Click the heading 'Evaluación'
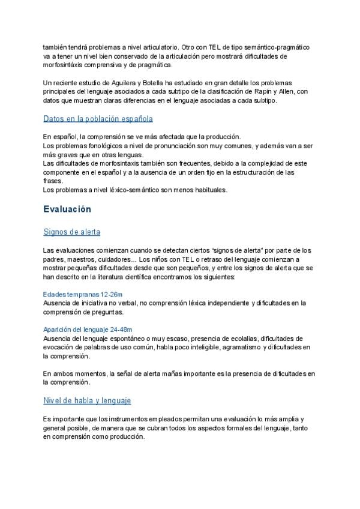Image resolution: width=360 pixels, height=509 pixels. (x=67, y=209)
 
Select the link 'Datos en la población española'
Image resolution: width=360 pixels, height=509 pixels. (x=98, y=119)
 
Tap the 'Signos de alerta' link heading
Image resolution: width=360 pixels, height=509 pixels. (x=71, y=232)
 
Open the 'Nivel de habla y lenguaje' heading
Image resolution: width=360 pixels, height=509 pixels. (x=87, y=400)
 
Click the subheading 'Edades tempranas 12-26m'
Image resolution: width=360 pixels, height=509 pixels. (x=83, y=294)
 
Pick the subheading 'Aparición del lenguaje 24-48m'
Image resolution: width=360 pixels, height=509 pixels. (x=88, y=330)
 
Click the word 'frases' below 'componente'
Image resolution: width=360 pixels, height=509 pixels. (x=53, y=181)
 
